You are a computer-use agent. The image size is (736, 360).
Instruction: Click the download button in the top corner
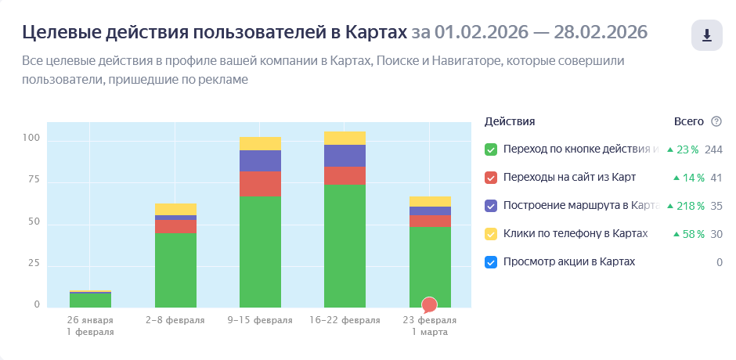(x=706, y=35)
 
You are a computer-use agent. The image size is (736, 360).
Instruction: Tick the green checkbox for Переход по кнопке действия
(x=491, y=149)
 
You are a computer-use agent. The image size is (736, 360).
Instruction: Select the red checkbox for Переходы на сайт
(x=491, y=178)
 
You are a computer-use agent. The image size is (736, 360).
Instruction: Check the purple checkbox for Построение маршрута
(x=491, y=206)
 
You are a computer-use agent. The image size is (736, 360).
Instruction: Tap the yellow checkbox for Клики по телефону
(x=491, y=234)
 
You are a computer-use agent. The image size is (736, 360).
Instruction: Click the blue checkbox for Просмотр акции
(x=491, y=262)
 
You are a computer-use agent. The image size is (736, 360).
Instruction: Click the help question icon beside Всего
(x=716, y=121)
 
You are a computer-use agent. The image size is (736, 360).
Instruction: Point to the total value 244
(x=713, y=149)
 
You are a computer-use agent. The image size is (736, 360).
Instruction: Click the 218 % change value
(x=686, y=206)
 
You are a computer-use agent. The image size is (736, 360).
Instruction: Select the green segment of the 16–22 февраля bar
(x=345, y=246)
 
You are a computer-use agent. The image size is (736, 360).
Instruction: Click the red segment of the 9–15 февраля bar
(x=260, y=184)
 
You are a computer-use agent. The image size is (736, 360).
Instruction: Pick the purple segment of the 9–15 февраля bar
(x=260, y=160)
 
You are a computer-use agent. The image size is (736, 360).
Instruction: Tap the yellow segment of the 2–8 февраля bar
(x=175, y=209)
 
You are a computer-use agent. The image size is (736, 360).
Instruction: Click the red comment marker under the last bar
(x=429, y=305)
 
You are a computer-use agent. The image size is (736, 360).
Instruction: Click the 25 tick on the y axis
(x=32, y=263)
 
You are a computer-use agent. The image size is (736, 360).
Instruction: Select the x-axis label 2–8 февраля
(x=175, y=320)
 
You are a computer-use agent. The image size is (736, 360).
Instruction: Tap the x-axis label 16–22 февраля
(x=345, y=320)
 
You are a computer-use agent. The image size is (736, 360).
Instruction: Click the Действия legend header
(x=510, y=121)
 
